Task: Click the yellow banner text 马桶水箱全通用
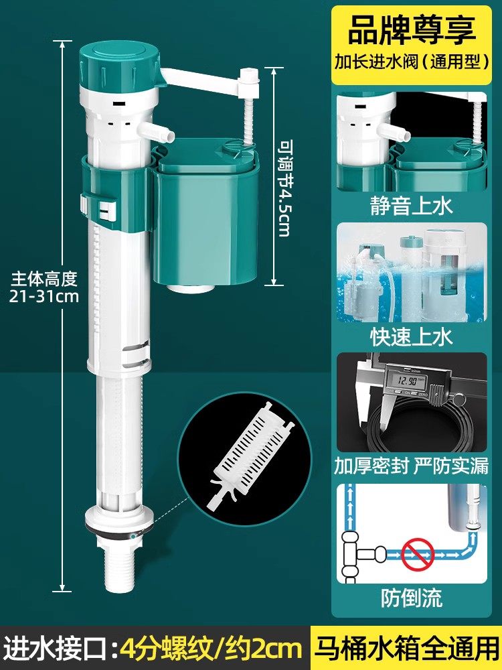click(409, 649)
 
